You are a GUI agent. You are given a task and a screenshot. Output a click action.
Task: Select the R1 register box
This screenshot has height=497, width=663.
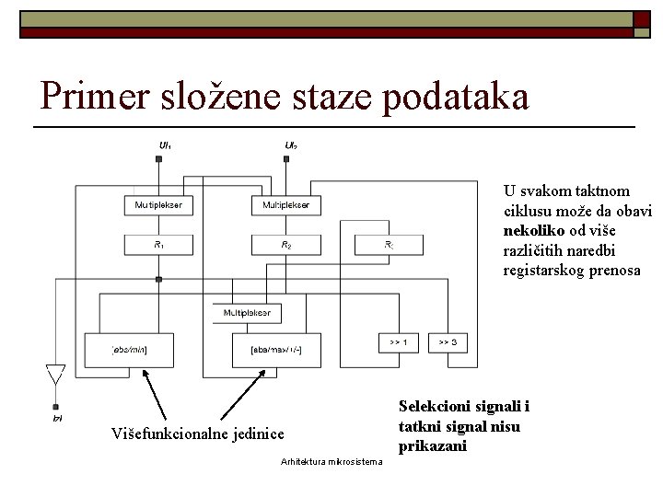[x=158, y=245]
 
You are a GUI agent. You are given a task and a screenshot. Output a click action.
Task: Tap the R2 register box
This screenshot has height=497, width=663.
[x=285, y=245]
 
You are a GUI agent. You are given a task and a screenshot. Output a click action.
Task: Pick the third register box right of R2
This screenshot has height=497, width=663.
[x=389, y=245]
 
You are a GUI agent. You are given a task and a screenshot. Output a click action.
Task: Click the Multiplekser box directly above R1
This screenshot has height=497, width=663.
[x=158, y=204]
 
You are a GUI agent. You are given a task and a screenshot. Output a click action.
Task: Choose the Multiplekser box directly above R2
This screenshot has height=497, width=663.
[x=285, y=204]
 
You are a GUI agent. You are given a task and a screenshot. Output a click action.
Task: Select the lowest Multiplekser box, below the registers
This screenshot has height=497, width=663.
[x=246, y=314]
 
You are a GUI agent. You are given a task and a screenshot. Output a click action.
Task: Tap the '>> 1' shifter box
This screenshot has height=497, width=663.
[x=399, y=342]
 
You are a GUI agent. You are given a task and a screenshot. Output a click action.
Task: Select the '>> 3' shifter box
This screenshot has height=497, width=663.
[x=448, y=342]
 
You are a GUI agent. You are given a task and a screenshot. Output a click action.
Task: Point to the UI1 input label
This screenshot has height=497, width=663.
[x=164, y=145]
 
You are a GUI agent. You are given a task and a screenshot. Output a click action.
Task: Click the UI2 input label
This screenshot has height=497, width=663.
[x=291, y=145]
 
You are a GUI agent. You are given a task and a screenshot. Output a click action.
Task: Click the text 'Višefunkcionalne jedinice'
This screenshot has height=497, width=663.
[x=197, y=433]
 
